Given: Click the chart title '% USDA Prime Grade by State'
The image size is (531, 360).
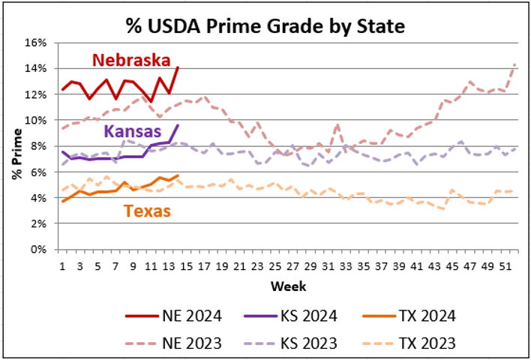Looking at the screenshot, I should tap(265, 27).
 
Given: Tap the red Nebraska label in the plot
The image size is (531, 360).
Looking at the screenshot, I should tap(130, 60).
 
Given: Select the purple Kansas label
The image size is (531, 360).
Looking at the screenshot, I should tap(133, 132).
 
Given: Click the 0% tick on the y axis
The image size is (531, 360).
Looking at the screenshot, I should tap(40, 250).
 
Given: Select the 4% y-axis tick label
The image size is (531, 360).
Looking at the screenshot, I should tap(40, 198).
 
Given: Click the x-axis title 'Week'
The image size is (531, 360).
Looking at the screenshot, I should tap(287, 286).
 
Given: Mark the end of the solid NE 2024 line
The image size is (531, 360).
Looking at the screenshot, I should tap(178, 67).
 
